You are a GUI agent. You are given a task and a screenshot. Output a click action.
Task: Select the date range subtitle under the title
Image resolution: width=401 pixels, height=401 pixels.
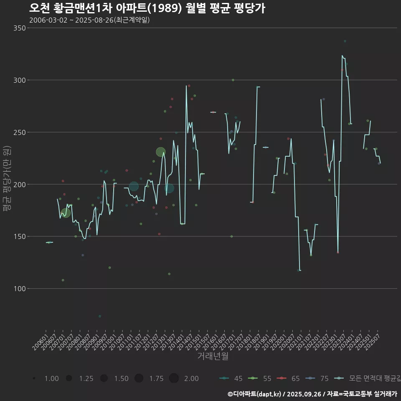[x=89, y=20]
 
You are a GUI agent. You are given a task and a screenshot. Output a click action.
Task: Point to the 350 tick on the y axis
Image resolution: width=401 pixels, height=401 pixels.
[x=18, y=28]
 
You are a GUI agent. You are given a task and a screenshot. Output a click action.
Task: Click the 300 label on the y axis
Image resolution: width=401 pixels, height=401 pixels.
[x=18, y=80]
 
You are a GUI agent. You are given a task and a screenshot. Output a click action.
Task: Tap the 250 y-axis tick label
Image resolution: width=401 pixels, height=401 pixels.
[x=18, y=132]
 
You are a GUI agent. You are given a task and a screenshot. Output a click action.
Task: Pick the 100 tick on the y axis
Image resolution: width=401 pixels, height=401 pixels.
[x=18, y=289]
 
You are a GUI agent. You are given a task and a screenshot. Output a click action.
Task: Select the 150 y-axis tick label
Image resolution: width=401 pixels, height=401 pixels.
[x=18, y=236]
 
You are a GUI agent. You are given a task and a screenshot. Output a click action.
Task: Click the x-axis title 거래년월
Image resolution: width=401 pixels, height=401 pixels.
[x=213, y=356]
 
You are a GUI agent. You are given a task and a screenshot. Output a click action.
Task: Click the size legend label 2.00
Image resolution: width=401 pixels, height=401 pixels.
[x=191, y=378]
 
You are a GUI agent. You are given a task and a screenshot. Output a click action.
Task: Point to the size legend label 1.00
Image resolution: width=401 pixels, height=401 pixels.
[x=51, y=378]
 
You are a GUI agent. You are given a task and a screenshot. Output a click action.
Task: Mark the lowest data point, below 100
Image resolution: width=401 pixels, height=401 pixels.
[x=99, y=316]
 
